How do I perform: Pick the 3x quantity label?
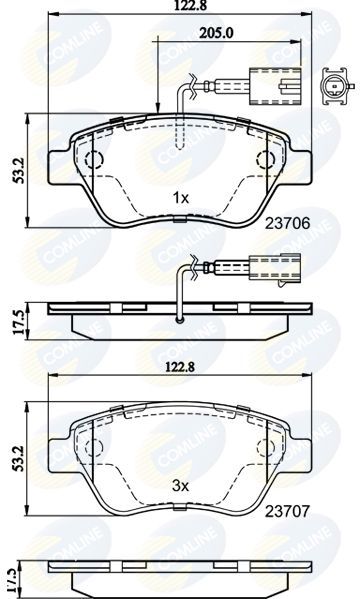coord(180,483)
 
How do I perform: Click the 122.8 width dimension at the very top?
coord(179,8)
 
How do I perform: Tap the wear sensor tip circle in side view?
coord(179,320)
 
